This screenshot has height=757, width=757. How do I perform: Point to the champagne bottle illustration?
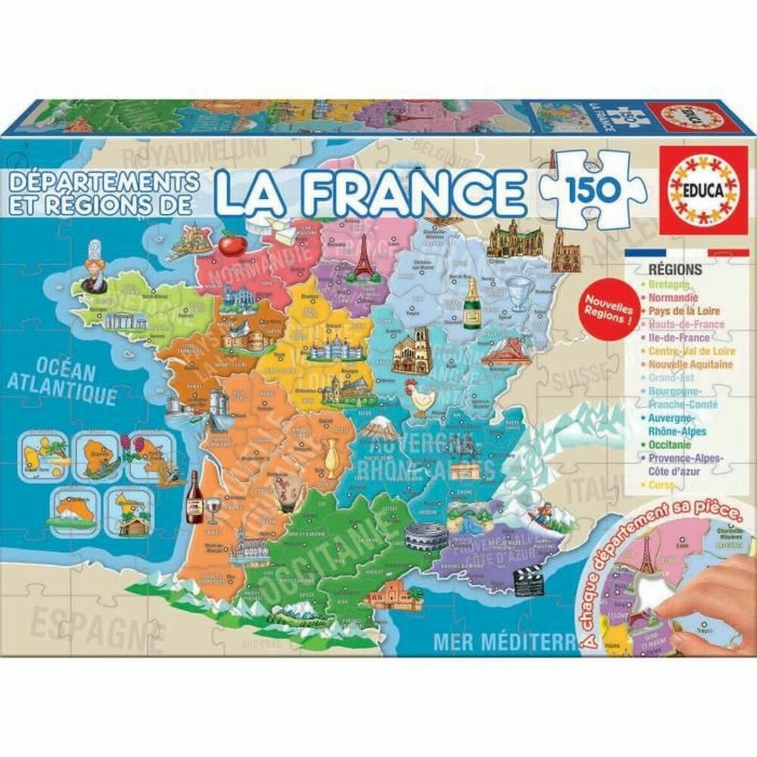coord(471,304)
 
